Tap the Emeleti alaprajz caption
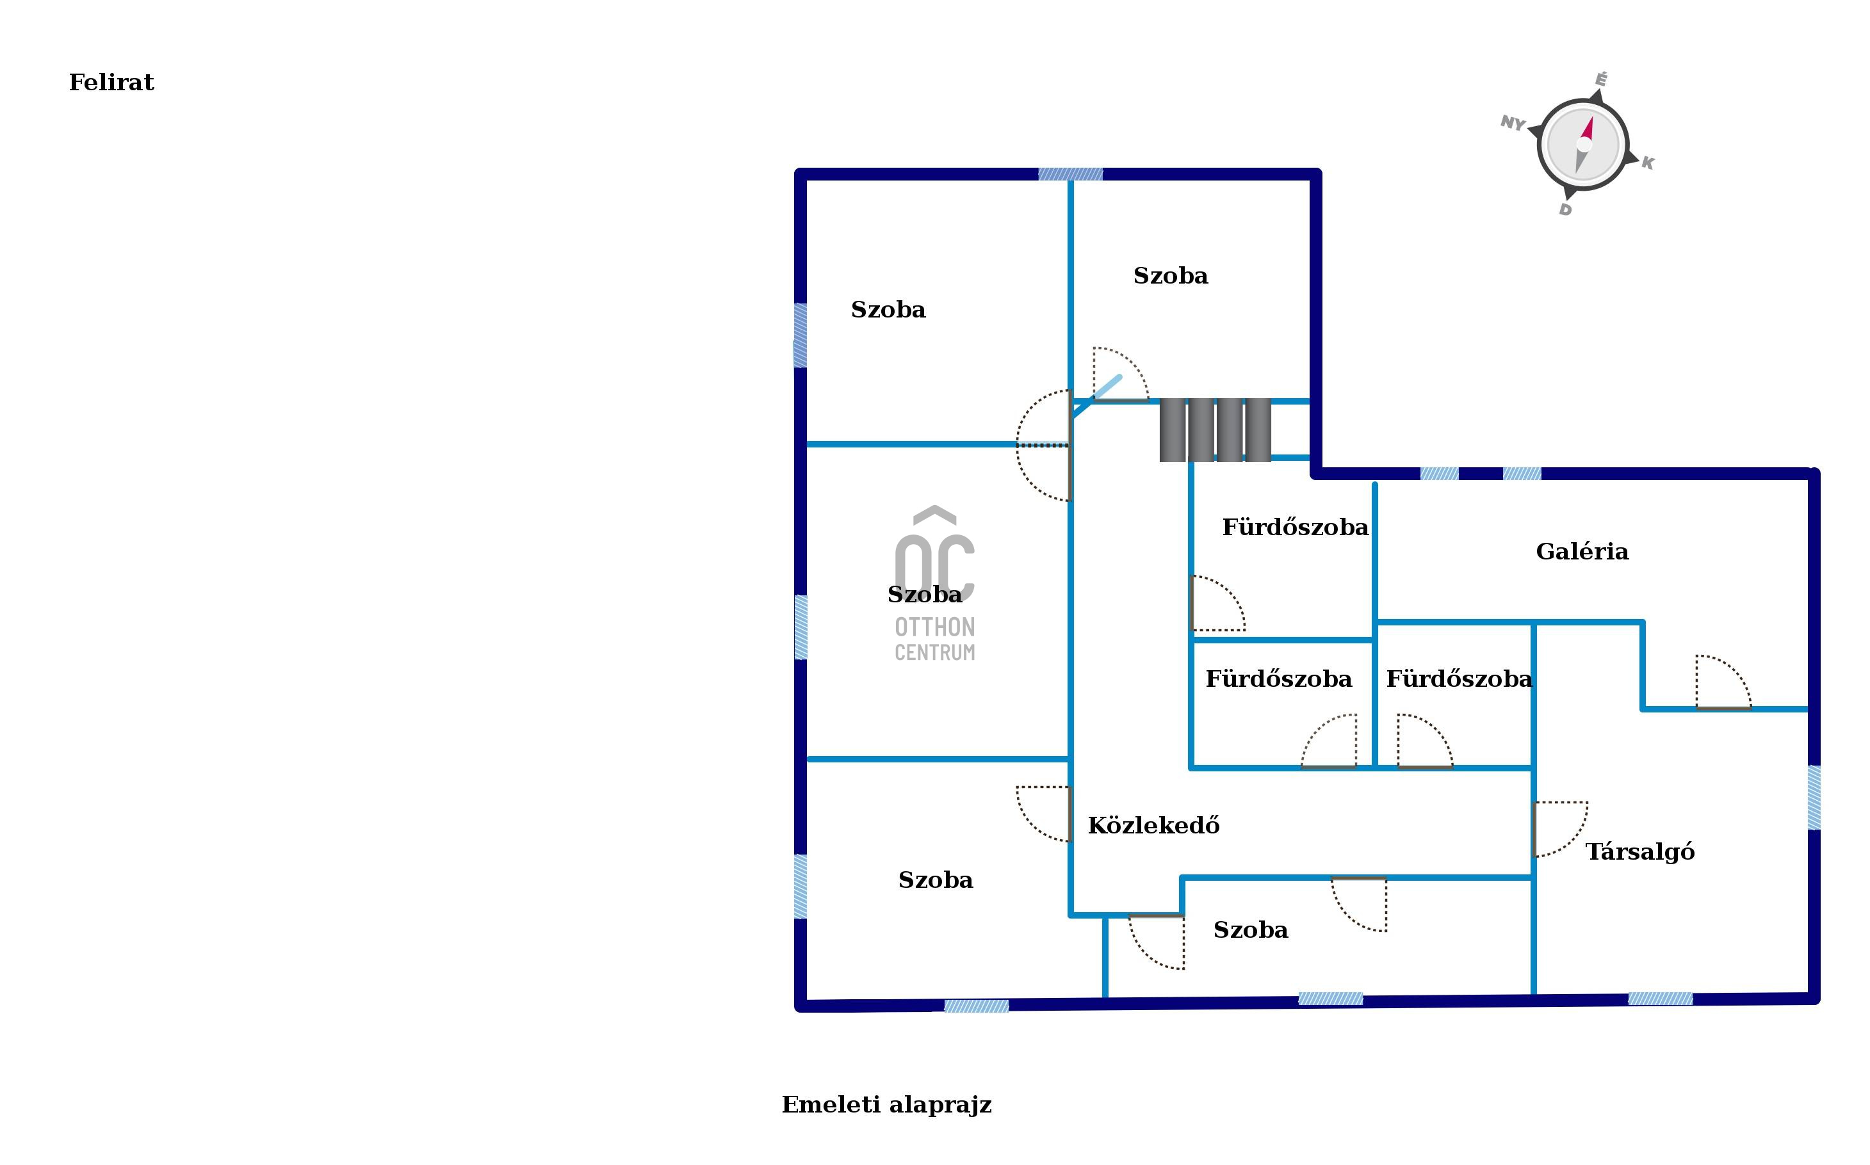coord(886,1105)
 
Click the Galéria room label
coord(1582,552)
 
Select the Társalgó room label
coord(1639,851)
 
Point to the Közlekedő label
coord(1153,826)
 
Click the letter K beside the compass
coord(1647,163)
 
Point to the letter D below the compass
coord(1565,209)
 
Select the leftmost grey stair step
coord(1173,430)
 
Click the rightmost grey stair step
coord(1258,430)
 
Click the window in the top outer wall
coord(1070,174)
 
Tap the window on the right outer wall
coord(1814,798)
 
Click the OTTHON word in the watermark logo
coord(934,627)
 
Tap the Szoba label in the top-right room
coord(1170,276)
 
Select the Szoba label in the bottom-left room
coord(935,880)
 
